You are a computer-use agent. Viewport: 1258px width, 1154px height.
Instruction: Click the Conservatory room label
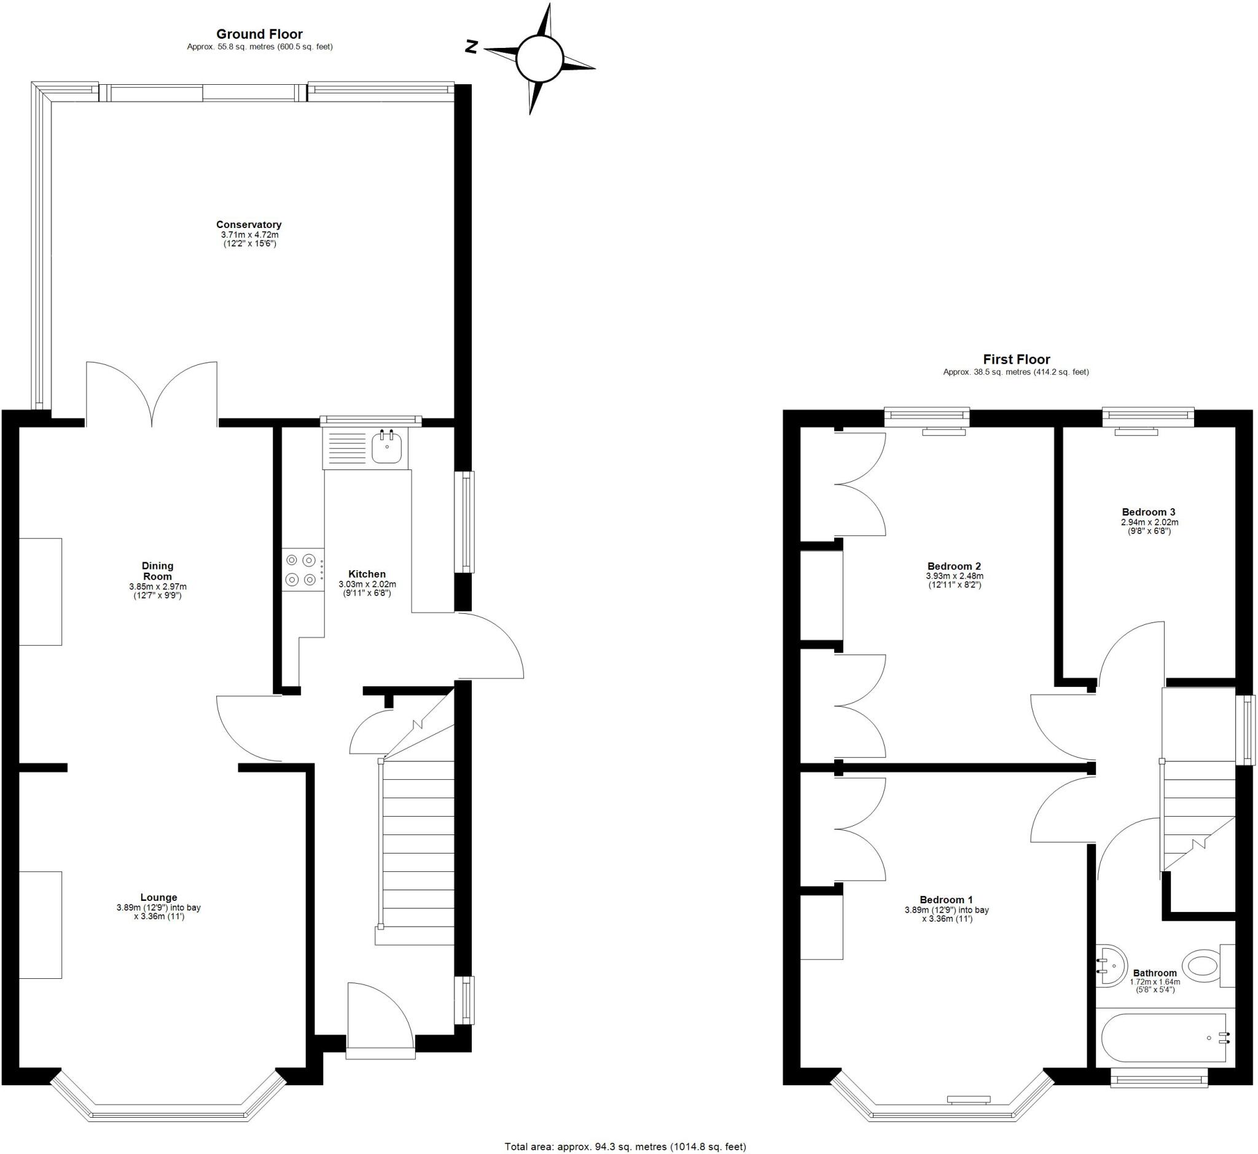[x=249, y=225]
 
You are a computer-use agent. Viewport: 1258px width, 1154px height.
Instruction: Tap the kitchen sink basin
[x=386, y=449]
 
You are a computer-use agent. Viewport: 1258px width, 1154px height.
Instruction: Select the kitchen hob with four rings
[x=300, y=570]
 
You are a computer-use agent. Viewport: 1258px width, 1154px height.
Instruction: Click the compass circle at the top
[x=539, y=59]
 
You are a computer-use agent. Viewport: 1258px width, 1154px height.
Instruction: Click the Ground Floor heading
[x=259, y=34]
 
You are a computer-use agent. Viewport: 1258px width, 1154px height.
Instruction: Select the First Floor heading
[x=1016, y=359]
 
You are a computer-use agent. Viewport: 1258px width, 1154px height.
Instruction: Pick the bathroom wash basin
[x=1111, y=965]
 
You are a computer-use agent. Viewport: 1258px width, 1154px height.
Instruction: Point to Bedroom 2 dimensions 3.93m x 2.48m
[x=955, y=576]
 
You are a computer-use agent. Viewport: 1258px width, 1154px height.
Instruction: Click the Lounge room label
[x=158, y=898]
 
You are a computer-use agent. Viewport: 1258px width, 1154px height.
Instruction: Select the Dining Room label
[x=157, y=571]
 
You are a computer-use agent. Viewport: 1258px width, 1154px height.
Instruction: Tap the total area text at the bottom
[x=625, y=1147]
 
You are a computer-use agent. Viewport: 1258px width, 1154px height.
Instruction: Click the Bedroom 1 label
[x=946, y=900]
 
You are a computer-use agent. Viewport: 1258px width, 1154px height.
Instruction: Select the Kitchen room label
[x=367, y=574]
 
